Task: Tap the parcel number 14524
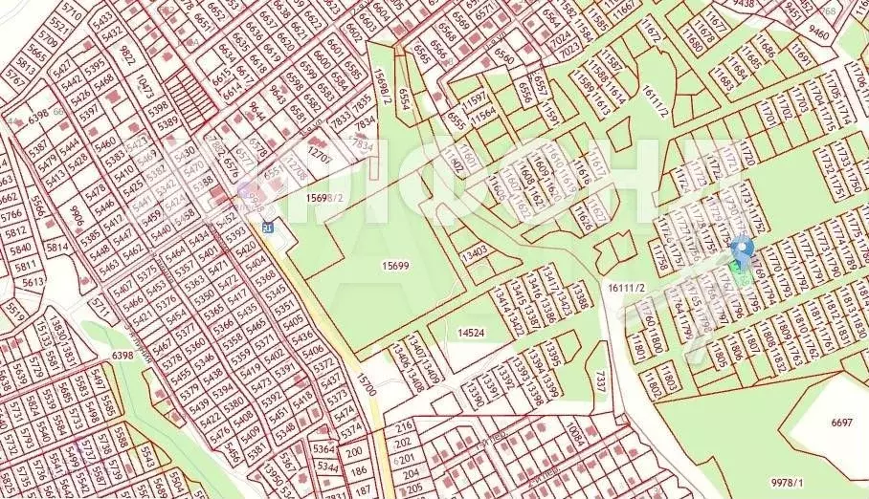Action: point(471,333)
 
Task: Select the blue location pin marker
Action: point(742,252)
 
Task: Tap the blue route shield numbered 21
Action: point(268,227)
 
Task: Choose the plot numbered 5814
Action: point(56,248)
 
